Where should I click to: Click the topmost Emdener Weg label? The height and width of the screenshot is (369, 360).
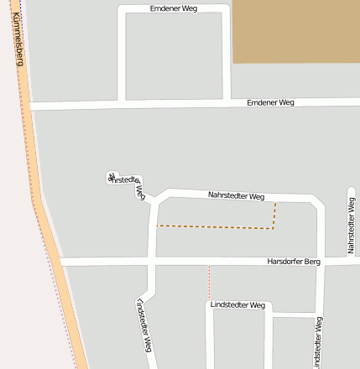[x=175, y=8]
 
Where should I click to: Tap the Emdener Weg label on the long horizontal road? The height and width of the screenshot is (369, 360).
[x=271, y=102]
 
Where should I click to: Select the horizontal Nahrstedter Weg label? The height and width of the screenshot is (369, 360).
[x=236, y=195]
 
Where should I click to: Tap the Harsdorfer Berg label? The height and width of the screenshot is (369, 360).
[x=294, y=262]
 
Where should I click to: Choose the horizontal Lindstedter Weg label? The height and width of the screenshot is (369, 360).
[x=237, y=305]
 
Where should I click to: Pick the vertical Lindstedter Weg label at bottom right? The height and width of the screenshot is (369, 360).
[x=318, y=342]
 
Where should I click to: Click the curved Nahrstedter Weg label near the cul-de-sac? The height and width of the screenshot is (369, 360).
[x=128, y=182]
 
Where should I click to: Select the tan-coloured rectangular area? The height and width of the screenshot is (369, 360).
[x=295, y=31]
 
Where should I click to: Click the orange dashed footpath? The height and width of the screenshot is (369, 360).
[x=215, y=227]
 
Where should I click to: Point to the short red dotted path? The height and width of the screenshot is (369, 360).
[x=209, y=282]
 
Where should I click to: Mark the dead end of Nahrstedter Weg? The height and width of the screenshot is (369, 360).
[x=112, y=177]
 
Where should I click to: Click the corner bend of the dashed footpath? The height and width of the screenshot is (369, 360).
[x=274, y=227]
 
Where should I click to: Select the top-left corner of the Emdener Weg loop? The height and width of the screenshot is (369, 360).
[x=122, y=9]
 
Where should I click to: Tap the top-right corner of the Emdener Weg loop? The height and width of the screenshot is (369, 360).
[x=227, y=9]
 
